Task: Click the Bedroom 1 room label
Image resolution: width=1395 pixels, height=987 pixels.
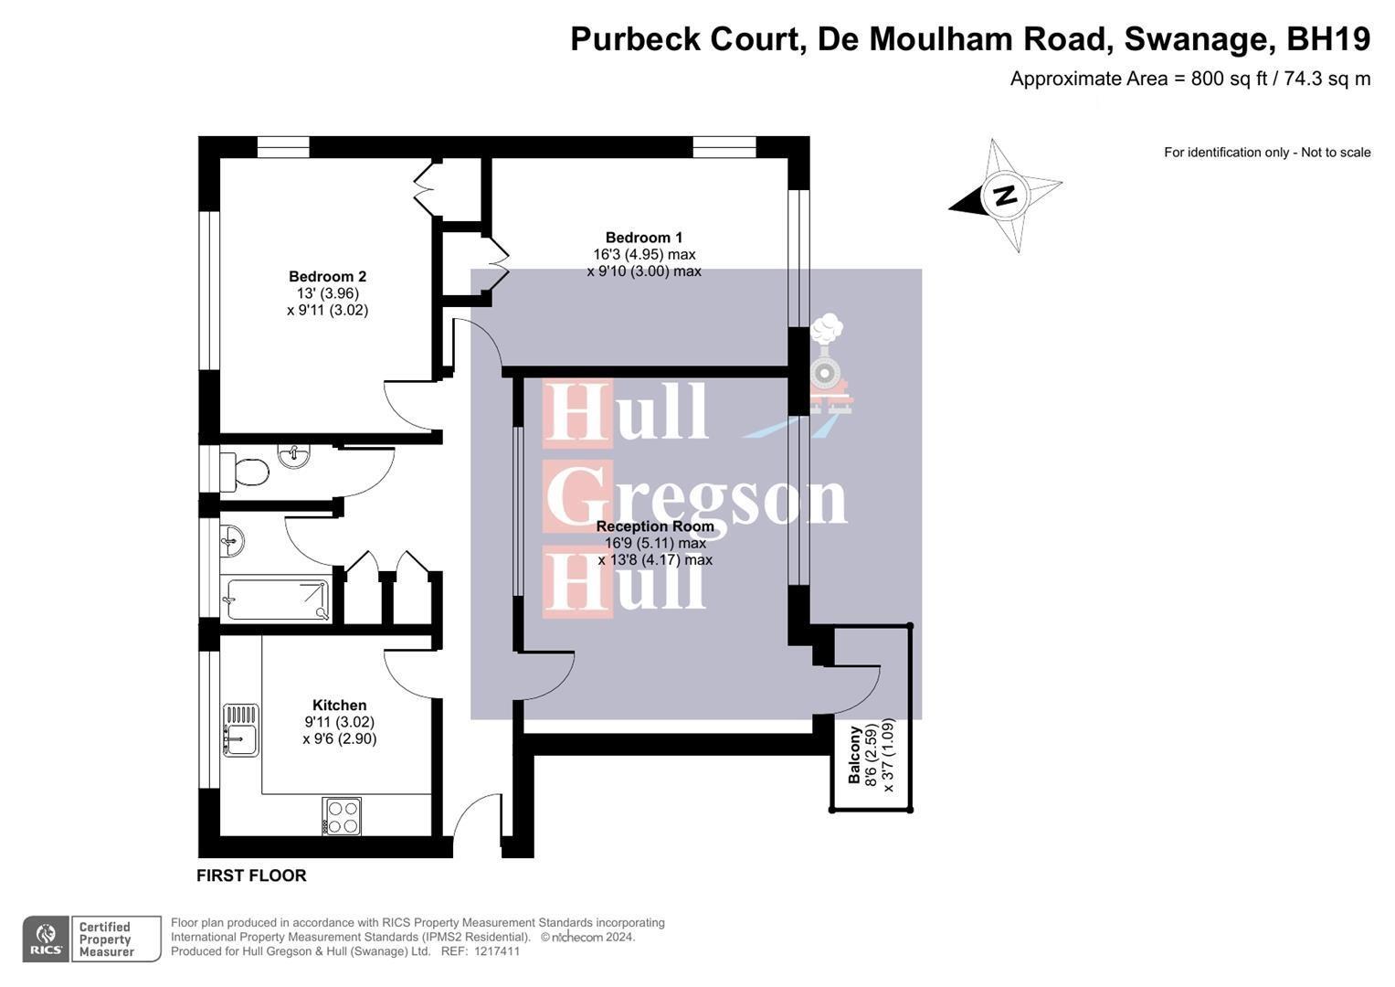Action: point(643,238)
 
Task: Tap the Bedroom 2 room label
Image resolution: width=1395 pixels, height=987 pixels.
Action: point(327,277)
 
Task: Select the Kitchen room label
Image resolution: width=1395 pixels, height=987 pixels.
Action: point(339,706)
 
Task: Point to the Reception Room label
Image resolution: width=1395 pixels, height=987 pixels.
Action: point(654,526)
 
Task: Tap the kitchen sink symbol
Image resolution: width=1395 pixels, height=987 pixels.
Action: point(241,729)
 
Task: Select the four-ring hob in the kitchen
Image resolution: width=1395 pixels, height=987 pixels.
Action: point(343,816)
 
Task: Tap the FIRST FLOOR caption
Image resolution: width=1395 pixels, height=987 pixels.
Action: point(251,876)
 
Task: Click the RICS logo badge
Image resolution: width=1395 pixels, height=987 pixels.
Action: point(46,939)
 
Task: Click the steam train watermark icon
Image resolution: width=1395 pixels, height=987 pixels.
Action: point(828,366)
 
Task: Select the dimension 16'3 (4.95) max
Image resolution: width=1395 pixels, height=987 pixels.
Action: point(643,254)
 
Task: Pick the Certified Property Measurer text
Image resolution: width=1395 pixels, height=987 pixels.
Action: point(106,939)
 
